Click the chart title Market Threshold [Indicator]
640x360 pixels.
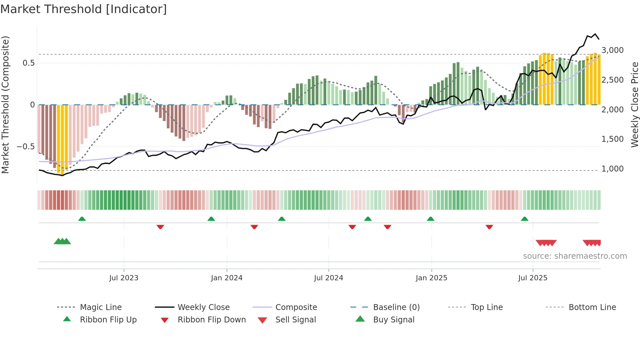click(84, 9)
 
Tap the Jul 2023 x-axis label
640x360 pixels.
click(124, 278)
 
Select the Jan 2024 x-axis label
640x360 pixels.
click(227, 278)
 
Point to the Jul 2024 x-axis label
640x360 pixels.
click(328, 278)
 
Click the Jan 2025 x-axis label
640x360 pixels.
click(431, 278)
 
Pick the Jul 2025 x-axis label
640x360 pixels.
click(533, 278)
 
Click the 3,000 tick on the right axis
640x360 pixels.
click(613, 50)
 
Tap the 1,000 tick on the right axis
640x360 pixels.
click(613, 169)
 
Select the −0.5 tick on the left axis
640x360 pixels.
click(26, 147)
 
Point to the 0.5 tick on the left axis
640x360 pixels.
click(29, 63)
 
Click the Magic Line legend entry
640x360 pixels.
click(101, 307)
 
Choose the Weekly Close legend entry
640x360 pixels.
click(203, 307)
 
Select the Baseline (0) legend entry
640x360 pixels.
click(396, 307)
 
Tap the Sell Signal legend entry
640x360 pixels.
click(296, 320)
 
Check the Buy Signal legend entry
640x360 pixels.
click(393, 320)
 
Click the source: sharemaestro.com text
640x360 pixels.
click(575, 256)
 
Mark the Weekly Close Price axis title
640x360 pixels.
click(634, 105)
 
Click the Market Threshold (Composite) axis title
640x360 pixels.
click(5, 105)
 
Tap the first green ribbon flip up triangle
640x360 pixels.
click(82, 219)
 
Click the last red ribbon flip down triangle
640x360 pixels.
click(489, 227)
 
